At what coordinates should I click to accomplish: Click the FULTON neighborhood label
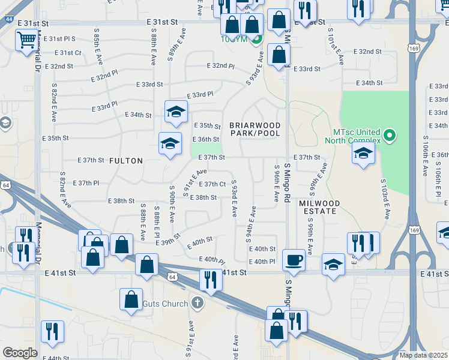click(126, 161)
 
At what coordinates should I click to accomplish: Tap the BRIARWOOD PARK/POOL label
click(255, 129)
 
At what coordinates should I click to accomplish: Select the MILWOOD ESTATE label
click(319, 208)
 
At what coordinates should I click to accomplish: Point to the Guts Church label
click(165, 304)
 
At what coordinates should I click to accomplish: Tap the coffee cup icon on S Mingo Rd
click(294, 260)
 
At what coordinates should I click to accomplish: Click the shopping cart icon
click(26, 41)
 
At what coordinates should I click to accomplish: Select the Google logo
click(20, 353)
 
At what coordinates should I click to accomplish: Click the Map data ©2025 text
click(423, 355)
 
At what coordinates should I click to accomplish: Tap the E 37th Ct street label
click(212, 184)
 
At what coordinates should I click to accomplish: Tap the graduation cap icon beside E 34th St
click(176, 112)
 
